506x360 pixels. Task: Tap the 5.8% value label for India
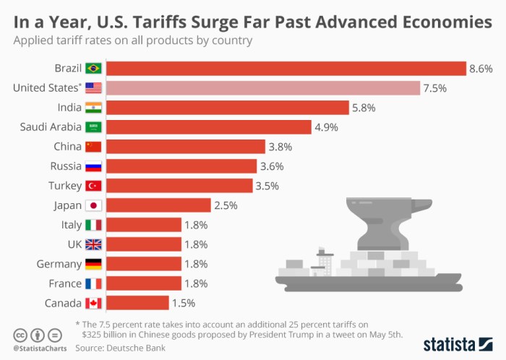click(x=364, y=108)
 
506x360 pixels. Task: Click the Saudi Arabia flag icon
click(x=94, y=127)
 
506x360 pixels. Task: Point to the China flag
click(x=94, y=147)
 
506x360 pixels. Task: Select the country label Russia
click(x=63, y=166)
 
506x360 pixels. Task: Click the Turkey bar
click(x=181, y=186)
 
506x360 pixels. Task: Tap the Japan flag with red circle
click(x=94, y=205)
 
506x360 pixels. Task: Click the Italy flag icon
click(x=94, y=225)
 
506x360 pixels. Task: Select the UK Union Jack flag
click(x=94, y=244)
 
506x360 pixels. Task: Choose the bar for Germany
click(x=145, y=264)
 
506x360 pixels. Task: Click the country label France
click(x=64, y=283)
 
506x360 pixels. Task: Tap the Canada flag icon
click(x=94, y=303)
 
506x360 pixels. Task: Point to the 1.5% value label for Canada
click(x=183, y=303)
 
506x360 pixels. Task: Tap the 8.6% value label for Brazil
click(x=481, y=69)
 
